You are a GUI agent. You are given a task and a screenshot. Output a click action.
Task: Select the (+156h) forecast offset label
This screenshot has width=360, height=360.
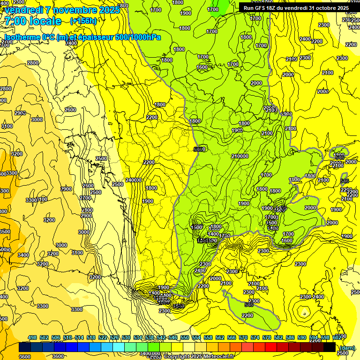point(83,21)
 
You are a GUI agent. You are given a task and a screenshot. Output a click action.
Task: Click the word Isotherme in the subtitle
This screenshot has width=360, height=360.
point(22,37)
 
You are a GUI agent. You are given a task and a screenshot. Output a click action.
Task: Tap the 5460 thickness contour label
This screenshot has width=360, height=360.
point(199,150)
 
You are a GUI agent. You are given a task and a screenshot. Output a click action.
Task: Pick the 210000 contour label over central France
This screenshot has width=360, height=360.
point(240,156)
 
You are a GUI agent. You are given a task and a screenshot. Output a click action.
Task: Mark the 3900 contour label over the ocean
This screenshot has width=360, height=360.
point(66,189)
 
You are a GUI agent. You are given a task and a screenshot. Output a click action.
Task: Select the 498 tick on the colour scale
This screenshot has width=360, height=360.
point(32,337)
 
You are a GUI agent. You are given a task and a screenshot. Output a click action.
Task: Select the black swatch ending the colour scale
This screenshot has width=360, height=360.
point(330,347)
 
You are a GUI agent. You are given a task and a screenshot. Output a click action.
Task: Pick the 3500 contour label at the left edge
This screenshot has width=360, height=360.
point(5,232)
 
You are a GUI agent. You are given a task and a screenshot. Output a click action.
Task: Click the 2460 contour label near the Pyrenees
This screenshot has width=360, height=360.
point(200,270)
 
